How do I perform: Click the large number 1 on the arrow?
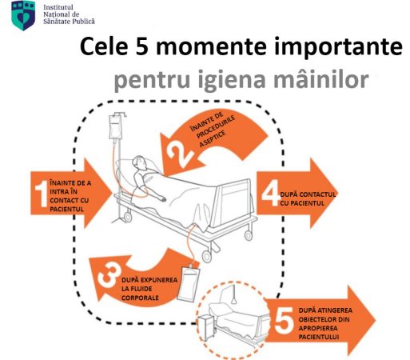(39, 192)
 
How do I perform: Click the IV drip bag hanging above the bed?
(117, 127)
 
